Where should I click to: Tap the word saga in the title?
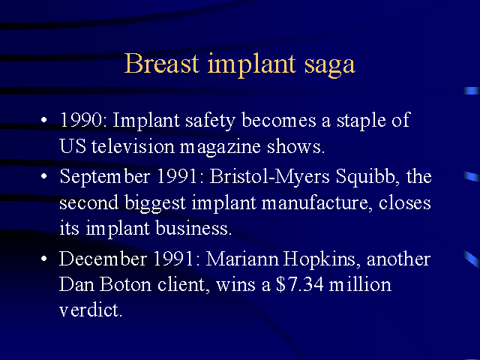(330, 65)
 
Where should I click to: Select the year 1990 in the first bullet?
(81, 120)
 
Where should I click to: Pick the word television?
(133, 146)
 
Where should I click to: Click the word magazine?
(220, 148)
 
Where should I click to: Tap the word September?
(105, 177)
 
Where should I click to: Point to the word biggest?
(155, 203)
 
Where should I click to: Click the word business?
(192, 228)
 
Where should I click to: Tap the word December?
(103, 259)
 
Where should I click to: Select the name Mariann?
(242, 259)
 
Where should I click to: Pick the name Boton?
(125, 284)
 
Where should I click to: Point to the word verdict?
(91, 310)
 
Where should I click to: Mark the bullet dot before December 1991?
(44, 259)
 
